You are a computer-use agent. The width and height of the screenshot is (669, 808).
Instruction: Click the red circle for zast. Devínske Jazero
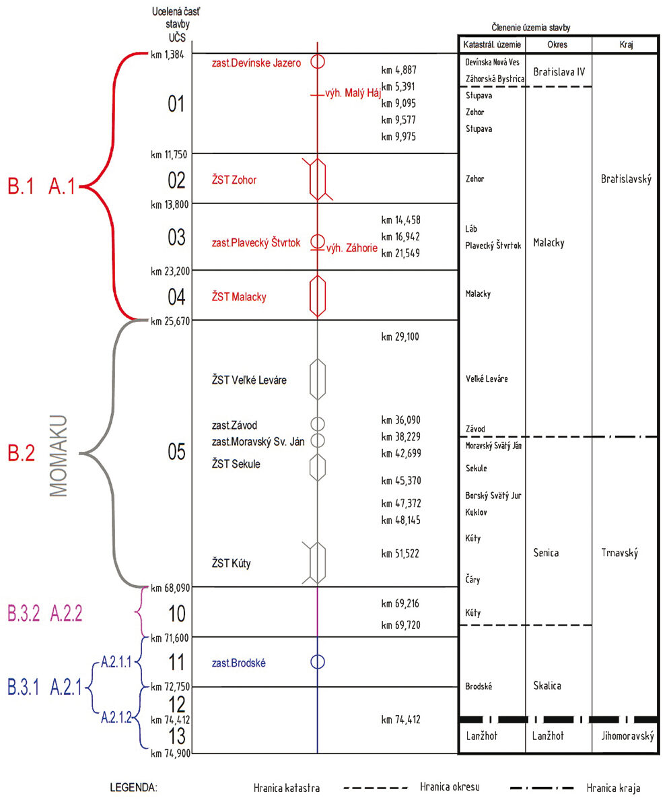point(318,55)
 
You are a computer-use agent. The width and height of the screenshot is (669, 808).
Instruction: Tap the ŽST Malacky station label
point(239,297)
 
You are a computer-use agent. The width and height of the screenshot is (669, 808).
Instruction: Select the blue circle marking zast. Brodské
point(318,655)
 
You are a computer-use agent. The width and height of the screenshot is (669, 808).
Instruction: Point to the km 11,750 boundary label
point(169,155)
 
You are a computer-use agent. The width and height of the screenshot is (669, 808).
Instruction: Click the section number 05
point(176,452)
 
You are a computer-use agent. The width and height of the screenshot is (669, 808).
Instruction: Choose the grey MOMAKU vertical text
point(59,455)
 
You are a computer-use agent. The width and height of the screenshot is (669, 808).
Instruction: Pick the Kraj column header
point(626,44)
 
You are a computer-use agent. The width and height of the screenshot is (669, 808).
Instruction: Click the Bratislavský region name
point(626,179)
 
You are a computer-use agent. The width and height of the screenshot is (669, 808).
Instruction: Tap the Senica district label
point(546,553)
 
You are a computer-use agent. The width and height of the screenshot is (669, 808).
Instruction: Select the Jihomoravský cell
point(627,736)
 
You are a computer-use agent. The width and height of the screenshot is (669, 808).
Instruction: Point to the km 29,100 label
point(400,337)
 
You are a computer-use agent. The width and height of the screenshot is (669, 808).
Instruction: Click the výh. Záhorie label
point(352,248)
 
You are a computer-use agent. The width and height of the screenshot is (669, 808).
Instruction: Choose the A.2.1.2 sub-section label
point(116,718)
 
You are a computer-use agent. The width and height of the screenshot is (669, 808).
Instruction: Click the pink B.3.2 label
point(24,613)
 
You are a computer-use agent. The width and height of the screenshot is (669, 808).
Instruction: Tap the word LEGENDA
point(133,788)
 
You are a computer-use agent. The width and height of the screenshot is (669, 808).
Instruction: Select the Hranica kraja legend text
point(613,788)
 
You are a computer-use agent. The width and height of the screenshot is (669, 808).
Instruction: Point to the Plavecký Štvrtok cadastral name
point(493,245)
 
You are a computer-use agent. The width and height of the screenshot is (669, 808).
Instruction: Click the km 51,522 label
point(400,553)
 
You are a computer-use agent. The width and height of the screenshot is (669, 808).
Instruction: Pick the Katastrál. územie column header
point(492,44)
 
